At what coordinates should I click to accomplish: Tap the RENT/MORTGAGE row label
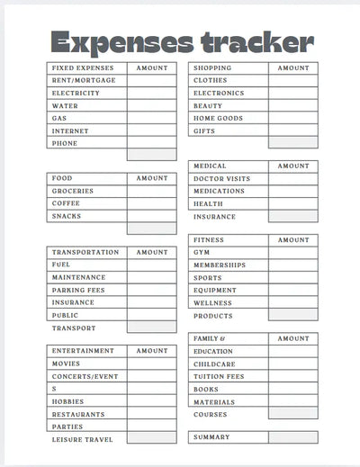point(84,81)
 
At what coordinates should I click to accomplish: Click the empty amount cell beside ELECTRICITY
point(151,94)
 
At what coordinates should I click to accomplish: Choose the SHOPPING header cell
point(211,68)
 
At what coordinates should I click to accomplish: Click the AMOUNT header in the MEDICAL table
point(292,166)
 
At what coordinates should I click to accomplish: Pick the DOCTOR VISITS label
point(221,179)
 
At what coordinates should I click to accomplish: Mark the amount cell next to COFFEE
point(151,203)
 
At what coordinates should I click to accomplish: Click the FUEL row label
point(61,265)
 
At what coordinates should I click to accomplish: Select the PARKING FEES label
point(78,290)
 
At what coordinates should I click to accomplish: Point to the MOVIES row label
point(66,364)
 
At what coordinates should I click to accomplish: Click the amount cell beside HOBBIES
point(151,401)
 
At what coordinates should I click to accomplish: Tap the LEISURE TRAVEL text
point(83,439)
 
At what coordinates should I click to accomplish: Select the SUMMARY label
point(211,437)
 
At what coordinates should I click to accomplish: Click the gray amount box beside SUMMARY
point(292,437)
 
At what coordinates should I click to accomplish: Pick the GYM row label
point(202,253)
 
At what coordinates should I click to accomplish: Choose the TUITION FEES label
point(219,376)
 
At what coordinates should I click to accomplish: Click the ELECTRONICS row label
point(218,94)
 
